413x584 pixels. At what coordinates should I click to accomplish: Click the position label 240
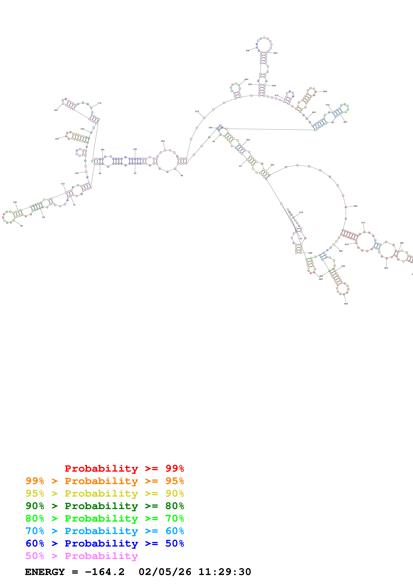click(247, 51)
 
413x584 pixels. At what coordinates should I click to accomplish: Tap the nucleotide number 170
click(99, 103)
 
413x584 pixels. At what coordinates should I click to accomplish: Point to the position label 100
click(15, 202)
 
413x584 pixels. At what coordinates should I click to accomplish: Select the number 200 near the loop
click(163, 141)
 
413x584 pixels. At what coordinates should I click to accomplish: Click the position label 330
click(210, 128)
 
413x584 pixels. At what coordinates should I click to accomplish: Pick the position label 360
click(355, 206)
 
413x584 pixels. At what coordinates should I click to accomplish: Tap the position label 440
click(346, 304)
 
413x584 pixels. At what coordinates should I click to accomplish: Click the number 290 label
click(325, 92)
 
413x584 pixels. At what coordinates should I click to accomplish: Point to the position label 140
click(57, 139)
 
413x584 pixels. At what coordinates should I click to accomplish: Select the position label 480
click(310, 253)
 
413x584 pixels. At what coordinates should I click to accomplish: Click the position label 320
click(345, 122)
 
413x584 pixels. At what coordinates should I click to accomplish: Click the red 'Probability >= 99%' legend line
click(124, 468)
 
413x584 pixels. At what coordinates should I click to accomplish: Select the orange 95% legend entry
click(105, 481)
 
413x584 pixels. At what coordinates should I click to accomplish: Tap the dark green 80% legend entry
click(105, 506)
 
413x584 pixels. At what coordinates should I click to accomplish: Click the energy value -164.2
click(105, 572)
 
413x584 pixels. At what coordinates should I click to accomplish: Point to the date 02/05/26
click(165, 572)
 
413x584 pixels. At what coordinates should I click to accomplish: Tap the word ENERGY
click(45, 572)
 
